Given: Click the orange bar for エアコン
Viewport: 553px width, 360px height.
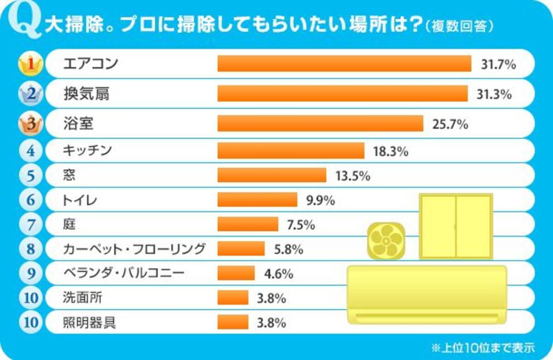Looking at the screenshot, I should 344,64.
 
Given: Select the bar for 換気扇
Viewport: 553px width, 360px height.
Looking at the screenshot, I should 342,94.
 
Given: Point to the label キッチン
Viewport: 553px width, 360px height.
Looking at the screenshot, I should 87,150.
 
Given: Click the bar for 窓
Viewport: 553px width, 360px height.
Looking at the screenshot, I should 272,175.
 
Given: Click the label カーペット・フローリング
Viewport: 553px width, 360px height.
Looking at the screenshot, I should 134,249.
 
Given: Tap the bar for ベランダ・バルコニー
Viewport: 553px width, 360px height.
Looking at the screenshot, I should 236,273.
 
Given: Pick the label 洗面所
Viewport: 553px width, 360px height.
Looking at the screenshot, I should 82,298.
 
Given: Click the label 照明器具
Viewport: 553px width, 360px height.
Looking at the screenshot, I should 89,322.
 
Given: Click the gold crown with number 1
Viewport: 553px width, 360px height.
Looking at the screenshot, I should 30,65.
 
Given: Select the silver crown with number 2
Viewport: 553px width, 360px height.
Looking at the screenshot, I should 30,94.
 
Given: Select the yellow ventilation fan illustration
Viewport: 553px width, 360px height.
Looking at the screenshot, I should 386,241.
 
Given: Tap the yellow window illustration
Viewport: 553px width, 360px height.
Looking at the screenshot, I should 456,226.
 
